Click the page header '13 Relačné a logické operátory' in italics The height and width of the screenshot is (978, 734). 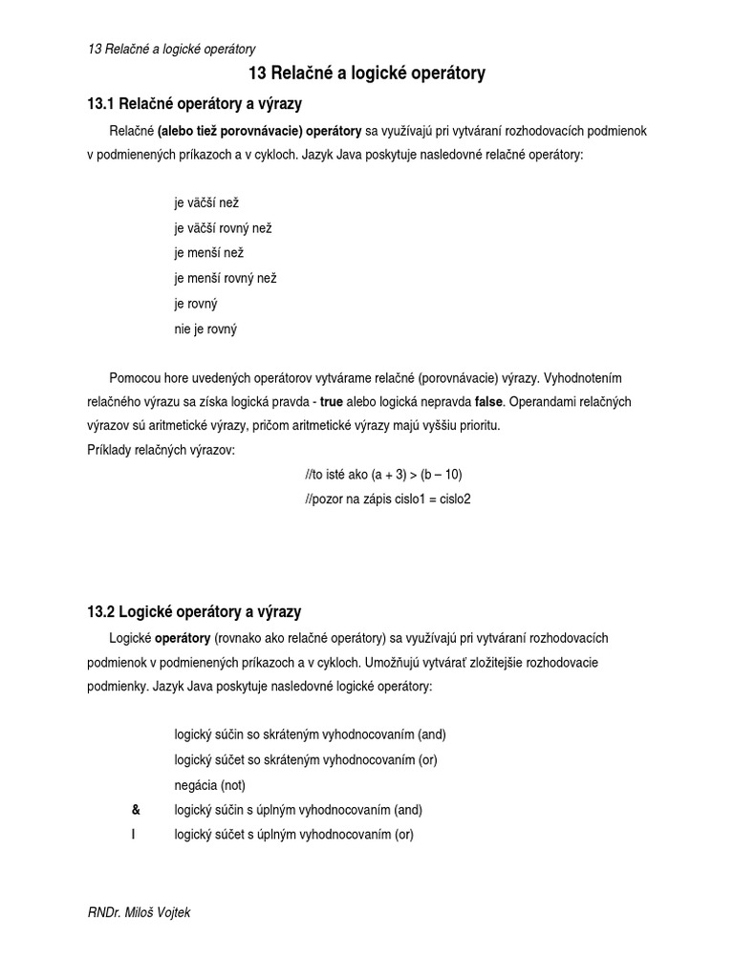171,49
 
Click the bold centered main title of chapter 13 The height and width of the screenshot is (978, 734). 367,74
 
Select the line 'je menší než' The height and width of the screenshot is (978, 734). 208,253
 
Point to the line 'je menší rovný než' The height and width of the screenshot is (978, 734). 225,278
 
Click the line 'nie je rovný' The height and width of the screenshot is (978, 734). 205,329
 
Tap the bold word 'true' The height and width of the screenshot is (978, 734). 331,401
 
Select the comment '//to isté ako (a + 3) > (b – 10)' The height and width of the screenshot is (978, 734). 382,474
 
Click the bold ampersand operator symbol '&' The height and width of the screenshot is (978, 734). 136,810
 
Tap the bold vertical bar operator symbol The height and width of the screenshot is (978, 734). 135,835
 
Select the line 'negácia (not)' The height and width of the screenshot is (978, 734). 209,785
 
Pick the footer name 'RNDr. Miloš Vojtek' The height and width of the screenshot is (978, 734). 139,913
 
